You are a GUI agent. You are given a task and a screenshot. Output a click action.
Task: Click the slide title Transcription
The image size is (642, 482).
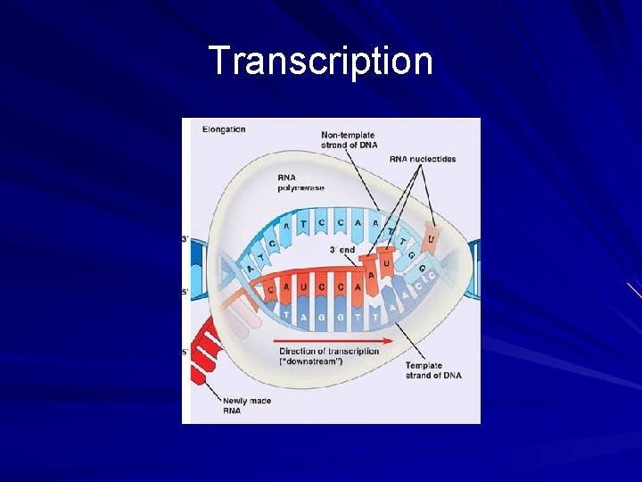[321, 62]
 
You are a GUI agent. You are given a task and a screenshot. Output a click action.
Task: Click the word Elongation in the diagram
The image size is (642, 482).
[223, 129]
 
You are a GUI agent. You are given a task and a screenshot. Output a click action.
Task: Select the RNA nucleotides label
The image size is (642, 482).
[422, 160]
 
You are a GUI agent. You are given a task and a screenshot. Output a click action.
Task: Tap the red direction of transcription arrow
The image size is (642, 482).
[335, 340]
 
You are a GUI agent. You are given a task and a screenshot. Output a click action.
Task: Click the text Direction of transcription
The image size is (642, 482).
[329, 351]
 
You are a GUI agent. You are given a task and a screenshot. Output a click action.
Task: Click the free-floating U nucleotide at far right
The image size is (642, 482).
[432, 239]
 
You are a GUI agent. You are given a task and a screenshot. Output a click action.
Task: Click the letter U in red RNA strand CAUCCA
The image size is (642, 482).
[303, 287]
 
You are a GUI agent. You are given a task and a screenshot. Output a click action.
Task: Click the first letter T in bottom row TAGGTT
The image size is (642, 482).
[285, 314]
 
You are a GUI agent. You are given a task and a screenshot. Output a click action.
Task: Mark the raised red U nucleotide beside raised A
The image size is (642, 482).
[386, 264]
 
